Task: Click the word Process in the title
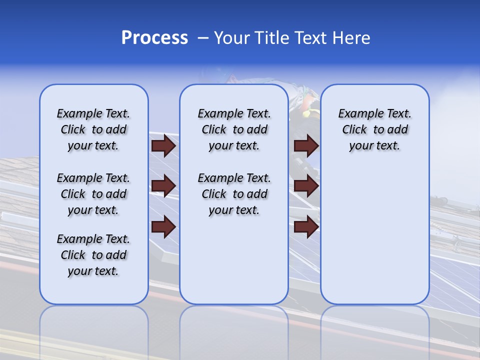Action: tap(154, 38)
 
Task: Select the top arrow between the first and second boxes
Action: tap(163, 145)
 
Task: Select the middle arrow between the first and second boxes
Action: tap(163, 186)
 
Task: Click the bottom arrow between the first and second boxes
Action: tap(163, 226)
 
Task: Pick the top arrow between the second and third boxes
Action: tap(306, 145)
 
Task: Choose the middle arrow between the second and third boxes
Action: tap(306, 186)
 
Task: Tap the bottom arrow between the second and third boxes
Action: tap(306, 226)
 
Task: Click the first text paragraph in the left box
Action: tap(93, 129)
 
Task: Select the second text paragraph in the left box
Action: tap(93, 194)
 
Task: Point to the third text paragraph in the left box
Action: tap(93, 255)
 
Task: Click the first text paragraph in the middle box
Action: tap(234, 129)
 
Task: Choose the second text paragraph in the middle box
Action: tap(234, 194)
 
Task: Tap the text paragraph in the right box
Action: tap(374, 129)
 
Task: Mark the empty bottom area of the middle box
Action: tap(234, 265)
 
